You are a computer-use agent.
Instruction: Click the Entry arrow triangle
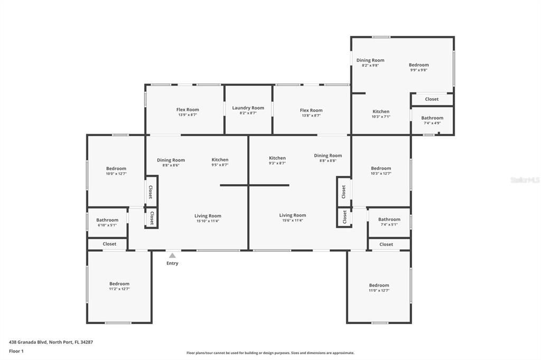172,255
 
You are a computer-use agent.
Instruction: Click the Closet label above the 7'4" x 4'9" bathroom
432,99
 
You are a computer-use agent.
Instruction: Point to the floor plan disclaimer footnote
270,353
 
